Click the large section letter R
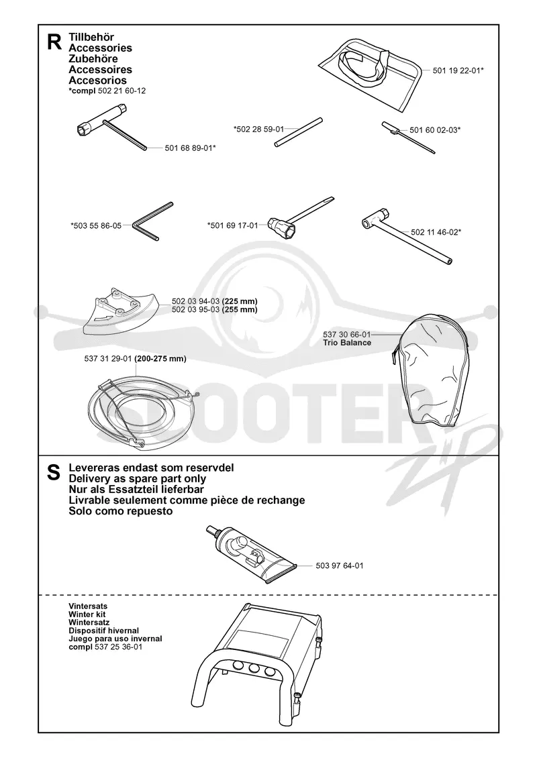[x=54, y=42]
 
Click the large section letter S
[x=54, y=474]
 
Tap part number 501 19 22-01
[x=456, y=70]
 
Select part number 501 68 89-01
[x=188, y=148]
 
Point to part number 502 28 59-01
[x=259, y=129]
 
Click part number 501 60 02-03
[x=433, y=129]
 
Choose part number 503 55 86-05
[x=96, y=225]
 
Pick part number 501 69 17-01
[x=233, y=225]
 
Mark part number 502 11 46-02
[x=434, y=232]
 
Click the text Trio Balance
[x=347, y=343]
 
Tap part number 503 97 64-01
[x=339, y=565]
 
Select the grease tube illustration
[x=248, y=554]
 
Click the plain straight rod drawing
[x=299, y=131]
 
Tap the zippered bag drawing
[x=429, y=371]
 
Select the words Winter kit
[x=87, y=614]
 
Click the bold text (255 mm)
[x=240, y=309]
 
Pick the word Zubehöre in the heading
[x=93, y=58]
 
